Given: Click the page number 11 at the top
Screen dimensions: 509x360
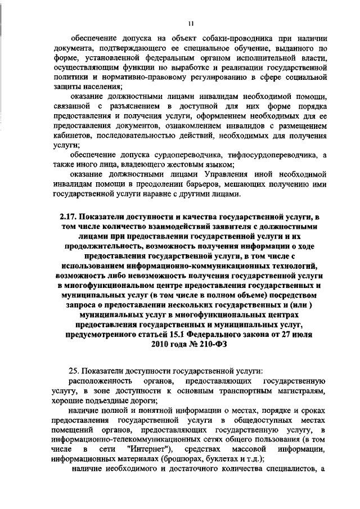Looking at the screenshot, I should click(x=191, y=23).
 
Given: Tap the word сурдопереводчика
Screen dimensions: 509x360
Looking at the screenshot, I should click(x=187, y=155).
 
